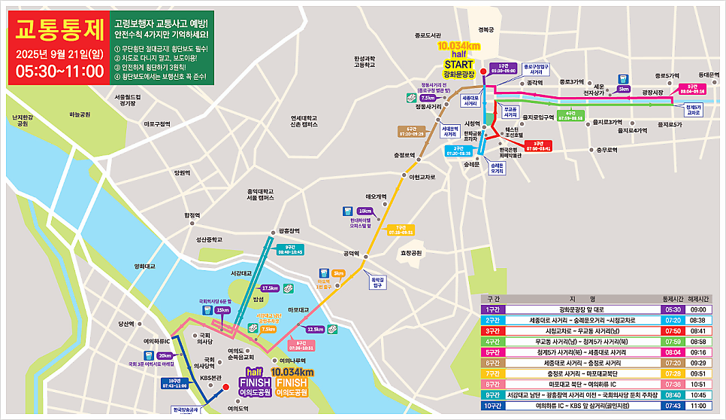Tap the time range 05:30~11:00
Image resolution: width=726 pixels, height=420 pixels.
click(59, 72)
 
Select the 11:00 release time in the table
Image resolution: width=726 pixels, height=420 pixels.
click(699, 405)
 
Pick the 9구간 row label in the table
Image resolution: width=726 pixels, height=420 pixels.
click(493, 394)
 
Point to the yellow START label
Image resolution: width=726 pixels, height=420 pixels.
click(458, 65)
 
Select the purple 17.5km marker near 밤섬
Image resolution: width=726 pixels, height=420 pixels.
click(269, 288)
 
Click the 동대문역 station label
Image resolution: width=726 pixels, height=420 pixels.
click(708, 75)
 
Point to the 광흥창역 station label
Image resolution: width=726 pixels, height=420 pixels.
click(289, 231)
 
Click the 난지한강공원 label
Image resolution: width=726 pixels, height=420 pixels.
click(23, 120)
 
